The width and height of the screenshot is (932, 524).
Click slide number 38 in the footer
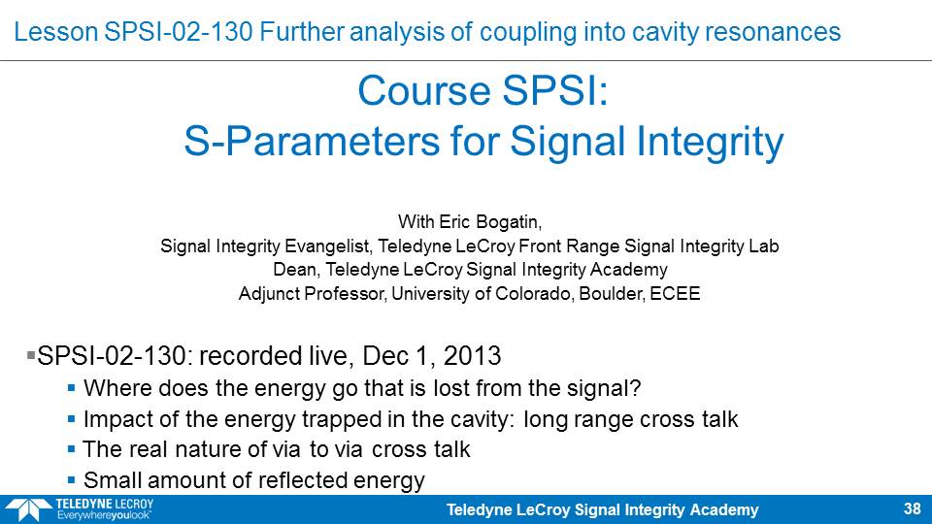[912, 509]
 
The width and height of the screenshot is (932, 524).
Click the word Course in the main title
[424, 91]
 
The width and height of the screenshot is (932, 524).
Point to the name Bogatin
[506, 222]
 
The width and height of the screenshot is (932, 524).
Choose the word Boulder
[611, 293]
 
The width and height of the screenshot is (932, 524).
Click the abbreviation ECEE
[676, 293]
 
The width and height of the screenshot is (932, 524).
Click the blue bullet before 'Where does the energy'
[71, 388]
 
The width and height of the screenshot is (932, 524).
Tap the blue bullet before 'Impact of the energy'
[71, 419]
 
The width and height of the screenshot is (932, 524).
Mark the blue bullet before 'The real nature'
[71, 449]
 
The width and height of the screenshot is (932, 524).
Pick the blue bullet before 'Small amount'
[71, 479]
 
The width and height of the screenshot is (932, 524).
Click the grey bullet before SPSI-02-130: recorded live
[31, 355]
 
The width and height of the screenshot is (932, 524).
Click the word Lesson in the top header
[56, 32]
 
